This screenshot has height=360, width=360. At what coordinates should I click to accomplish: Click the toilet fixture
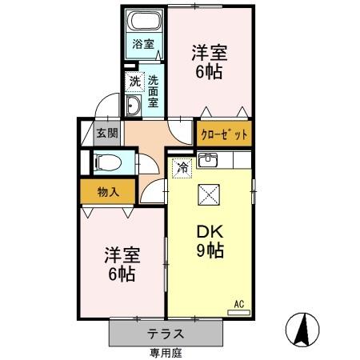(106, 163)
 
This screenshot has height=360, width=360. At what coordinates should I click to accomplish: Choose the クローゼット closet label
(223, 133)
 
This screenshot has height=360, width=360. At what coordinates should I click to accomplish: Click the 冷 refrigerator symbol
(182, 167)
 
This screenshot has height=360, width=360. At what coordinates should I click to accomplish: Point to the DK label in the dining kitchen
(210, 233)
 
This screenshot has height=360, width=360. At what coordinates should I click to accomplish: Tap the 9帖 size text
(210, 250)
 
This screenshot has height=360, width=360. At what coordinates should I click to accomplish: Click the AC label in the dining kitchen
(238, 303)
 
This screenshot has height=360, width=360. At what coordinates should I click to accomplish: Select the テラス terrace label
(166, 334)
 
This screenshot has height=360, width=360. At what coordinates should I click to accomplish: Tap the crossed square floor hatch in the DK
(210, 195)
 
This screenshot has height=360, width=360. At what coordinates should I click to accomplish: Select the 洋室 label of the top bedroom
(210, 54)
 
